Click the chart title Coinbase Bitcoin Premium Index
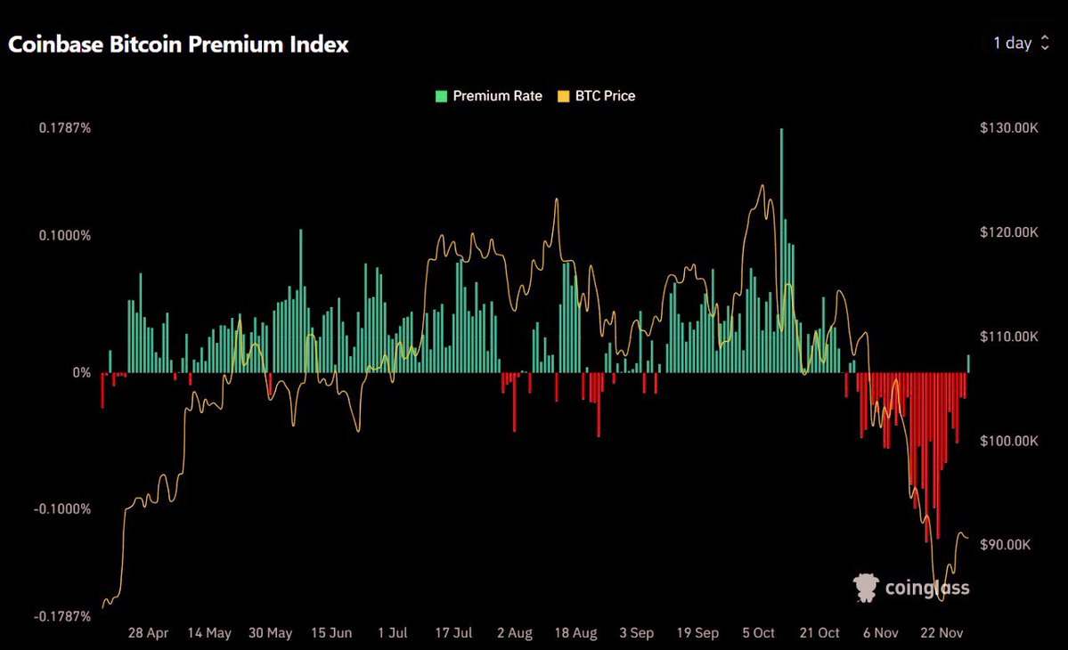[178, 45]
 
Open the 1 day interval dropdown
[1021, 43]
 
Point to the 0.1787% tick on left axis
[64, 128]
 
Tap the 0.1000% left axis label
[64, 236]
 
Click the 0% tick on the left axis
[81, 372]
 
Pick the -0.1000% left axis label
[62, 509]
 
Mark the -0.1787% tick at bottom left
[62, 617]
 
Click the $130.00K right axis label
[1008, 128]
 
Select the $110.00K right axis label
[1008, 337]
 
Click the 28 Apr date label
[148, 633]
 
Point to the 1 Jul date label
[392, 633]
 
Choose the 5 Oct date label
[758, 633]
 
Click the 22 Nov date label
[941, 633]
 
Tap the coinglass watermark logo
[911, 588]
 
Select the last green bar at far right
[968, 363]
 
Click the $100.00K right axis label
[1008, 441]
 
